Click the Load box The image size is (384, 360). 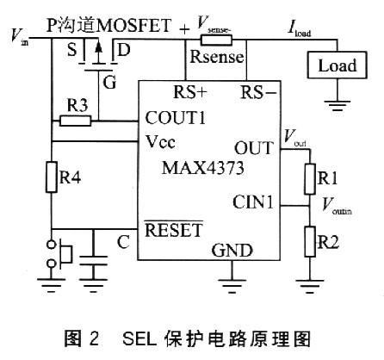click(337, 65)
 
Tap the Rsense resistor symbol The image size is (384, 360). click(216, 40)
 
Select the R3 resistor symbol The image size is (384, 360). click(76, 121)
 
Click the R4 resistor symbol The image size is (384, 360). click(52, 177)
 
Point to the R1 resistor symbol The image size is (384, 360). click(310, 179)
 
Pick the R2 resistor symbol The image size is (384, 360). click(310, 241)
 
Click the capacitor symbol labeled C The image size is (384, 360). click(93, 260)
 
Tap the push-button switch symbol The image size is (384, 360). click(59, 254)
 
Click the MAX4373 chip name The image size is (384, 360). click(203, 168)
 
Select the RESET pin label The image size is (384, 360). click(174, 230)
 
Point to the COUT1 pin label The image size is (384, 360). click(175, 118)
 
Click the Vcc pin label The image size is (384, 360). click(160, 141)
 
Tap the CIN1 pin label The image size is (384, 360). click(252, 202)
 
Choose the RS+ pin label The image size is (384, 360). click(190, 92)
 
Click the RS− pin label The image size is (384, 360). click(258, 92)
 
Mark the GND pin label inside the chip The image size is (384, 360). click(232, 251)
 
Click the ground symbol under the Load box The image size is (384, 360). click(337, 105)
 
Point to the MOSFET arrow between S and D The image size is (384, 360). click(98, 53)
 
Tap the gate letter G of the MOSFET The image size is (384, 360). click(109, 82)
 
